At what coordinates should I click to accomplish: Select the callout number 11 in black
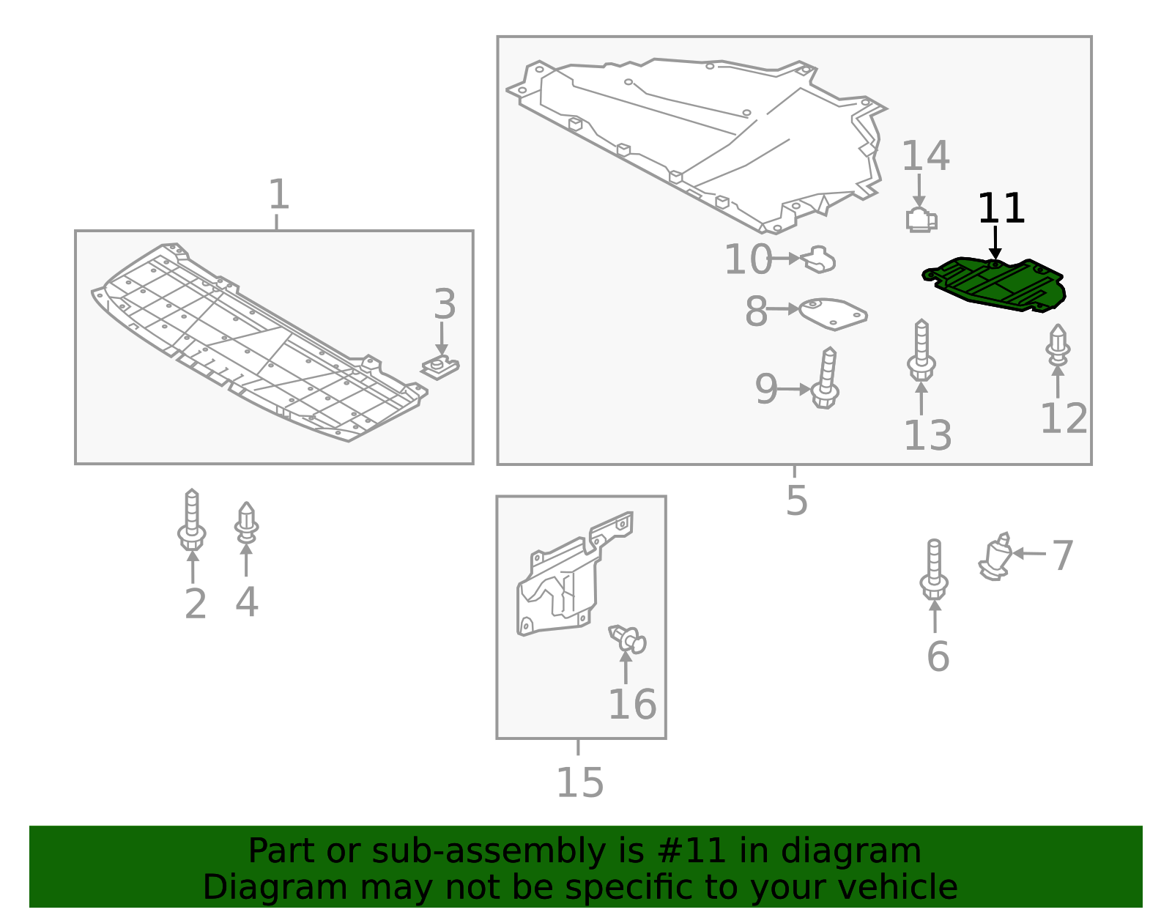(1001, 209)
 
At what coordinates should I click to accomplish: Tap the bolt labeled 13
(921, 351)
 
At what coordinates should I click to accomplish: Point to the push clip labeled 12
(1057, 346)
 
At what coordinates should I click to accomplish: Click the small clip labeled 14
(921, 219)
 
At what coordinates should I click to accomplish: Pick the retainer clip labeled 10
(820, 259)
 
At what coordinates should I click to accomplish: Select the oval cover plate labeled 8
(833, 313)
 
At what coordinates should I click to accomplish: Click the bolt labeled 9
(826, 379)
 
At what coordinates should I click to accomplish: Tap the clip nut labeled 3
(440, 366)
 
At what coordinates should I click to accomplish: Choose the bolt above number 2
(191, 521)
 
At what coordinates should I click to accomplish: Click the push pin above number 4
(246, 524)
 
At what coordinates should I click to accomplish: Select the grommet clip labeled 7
(995, 558)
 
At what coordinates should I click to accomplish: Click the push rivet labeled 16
(628, 640)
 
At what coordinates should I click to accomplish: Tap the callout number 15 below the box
(579, 783)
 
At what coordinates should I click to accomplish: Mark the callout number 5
(796, 500)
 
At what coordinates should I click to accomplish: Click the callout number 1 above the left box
(278, 195)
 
